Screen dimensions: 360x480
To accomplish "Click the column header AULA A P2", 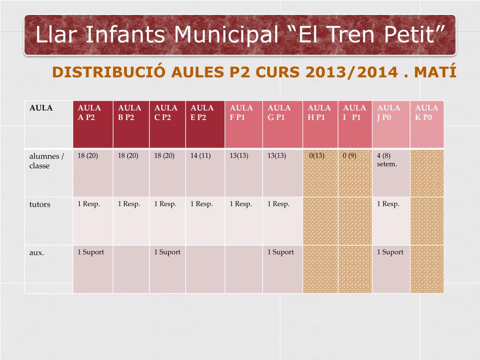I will click(x=89, y=112).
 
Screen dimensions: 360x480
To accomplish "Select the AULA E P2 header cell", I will click(x=202, y=112).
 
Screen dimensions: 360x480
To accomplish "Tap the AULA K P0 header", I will click(x=427, y=112).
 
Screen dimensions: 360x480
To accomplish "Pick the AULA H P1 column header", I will click(x=319, y=112).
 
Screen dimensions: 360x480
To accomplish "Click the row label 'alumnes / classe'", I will click(x=46, y=161).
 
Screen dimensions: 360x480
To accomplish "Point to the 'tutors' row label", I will click(x=40, y=204).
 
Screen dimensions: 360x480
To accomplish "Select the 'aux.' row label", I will click(x=37, y=253).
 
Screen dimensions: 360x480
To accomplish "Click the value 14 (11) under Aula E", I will click(x=201, y=156).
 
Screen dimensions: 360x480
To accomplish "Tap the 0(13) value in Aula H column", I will click(x=317, y=156).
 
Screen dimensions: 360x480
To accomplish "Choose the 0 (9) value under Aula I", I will click(x=350, y=156).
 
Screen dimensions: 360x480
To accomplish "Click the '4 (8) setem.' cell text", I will click(x=387, y=160).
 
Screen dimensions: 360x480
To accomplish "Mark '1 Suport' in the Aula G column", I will click(x=280, y=252).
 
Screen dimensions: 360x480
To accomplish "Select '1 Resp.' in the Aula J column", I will click(x=388, y=204).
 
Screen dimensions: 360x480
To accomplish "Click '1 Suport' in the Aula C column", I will click(x=167, y=252).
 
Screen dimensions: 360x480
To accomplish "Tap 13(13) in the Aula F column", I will click(x=239, y=156).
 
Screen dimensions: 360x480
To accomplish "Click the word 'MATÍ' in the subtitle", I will click(x=435, y=72).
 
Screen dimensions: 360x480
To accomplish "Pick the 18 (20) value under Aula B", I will click(x=128, y=156).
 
